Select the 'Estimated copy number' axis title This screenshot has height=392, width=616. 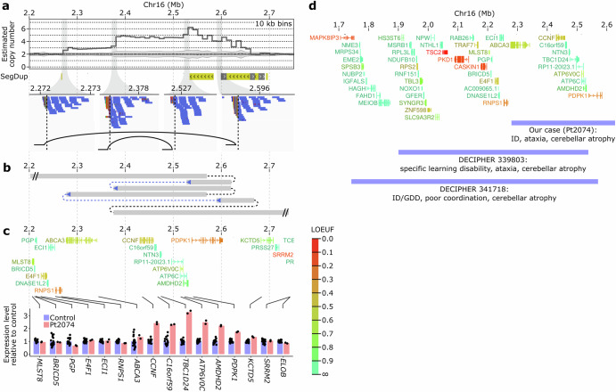click(10, 42)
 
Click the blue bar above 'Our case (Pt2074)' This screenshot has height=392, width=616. click(549, 121)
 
